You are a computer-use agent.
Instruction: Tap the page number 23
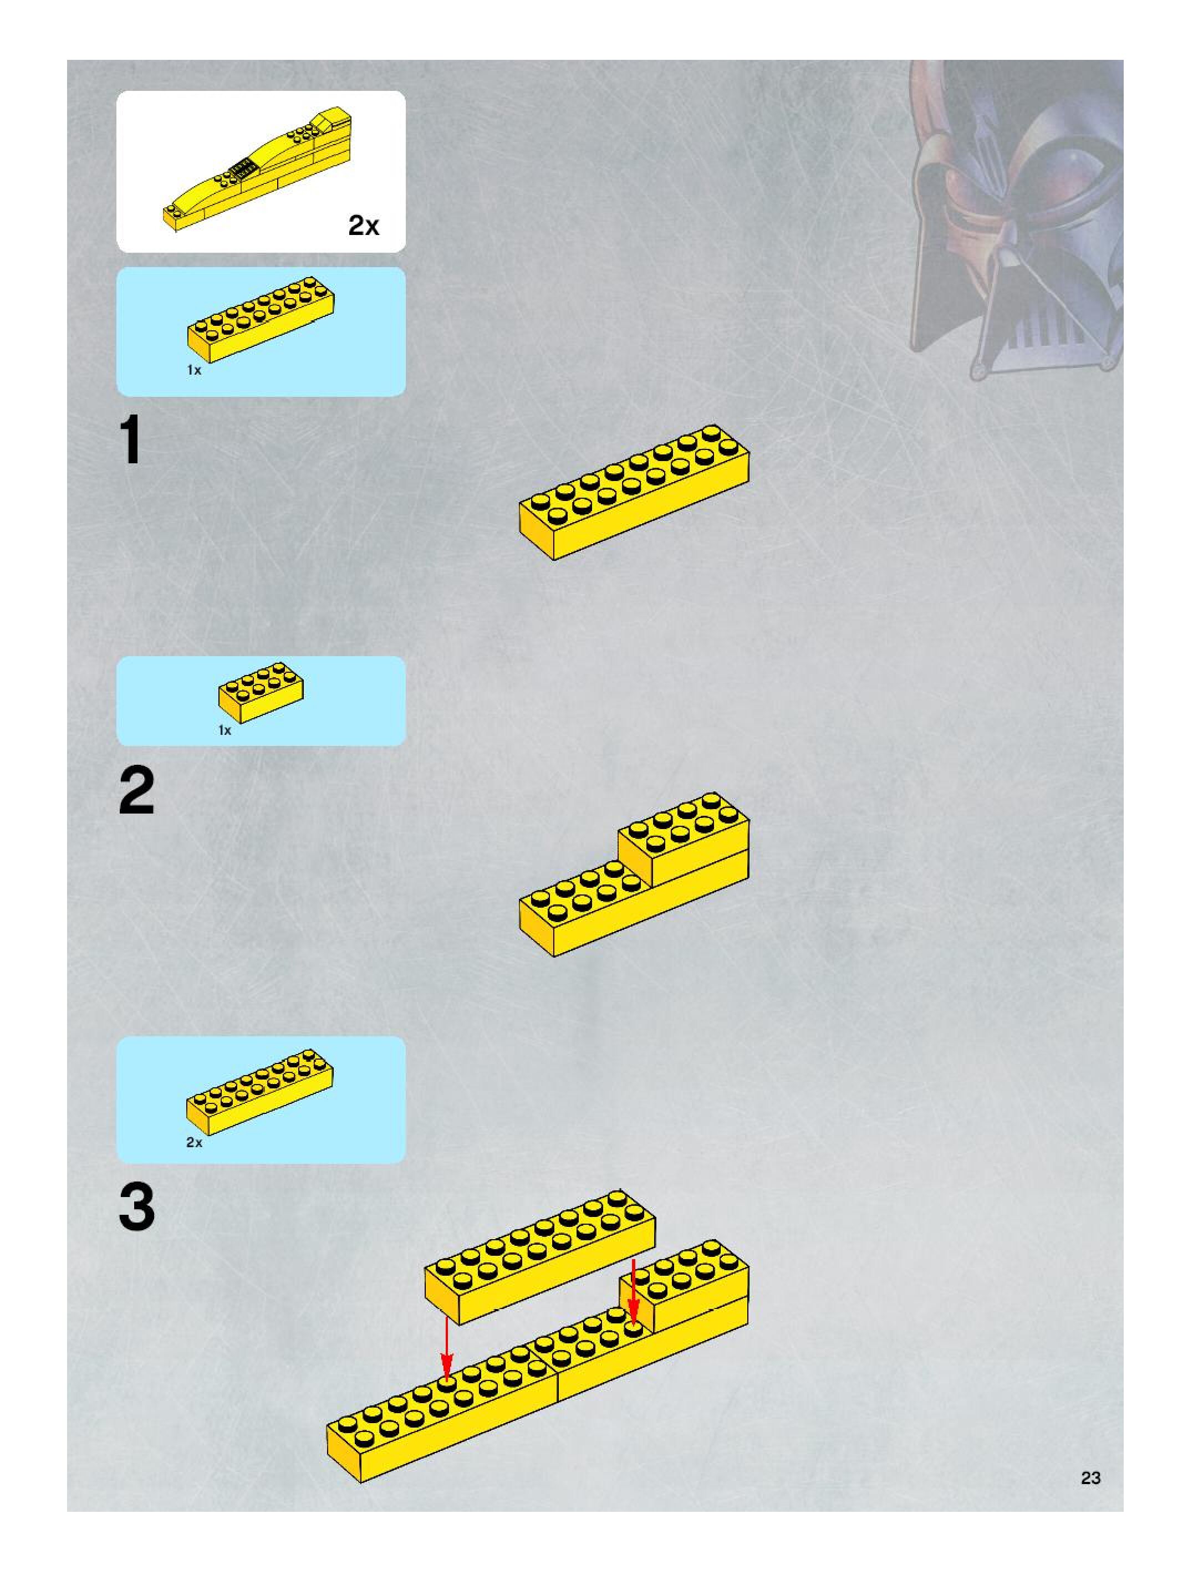click(x=1090, y=1477)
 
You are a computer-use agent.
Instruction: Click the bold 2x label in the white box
click(x=363, y=225)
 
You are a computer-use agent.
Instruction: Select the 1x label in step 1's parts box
click(x=193, y=370)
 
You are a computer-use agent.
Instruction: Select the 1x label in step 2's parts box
click(x=225, y=730)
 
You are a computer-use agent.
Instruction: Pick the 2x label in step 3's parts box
click(x=193, y=1142)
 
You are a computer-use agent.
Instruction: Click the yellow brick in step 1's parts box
click(x=262, y=319)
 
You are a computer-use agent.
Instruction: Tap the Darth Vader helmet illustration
click(x=1015, y=221)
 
